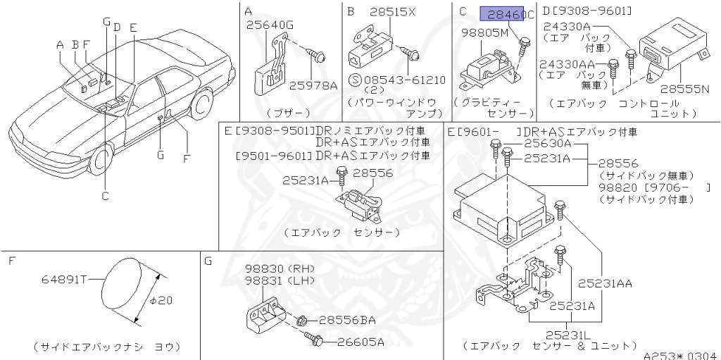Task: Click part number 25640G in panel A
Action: click(270, 26)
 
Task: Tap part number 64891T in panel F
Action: click(63, 280)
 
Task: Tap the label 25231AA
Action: click(605, 284)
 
